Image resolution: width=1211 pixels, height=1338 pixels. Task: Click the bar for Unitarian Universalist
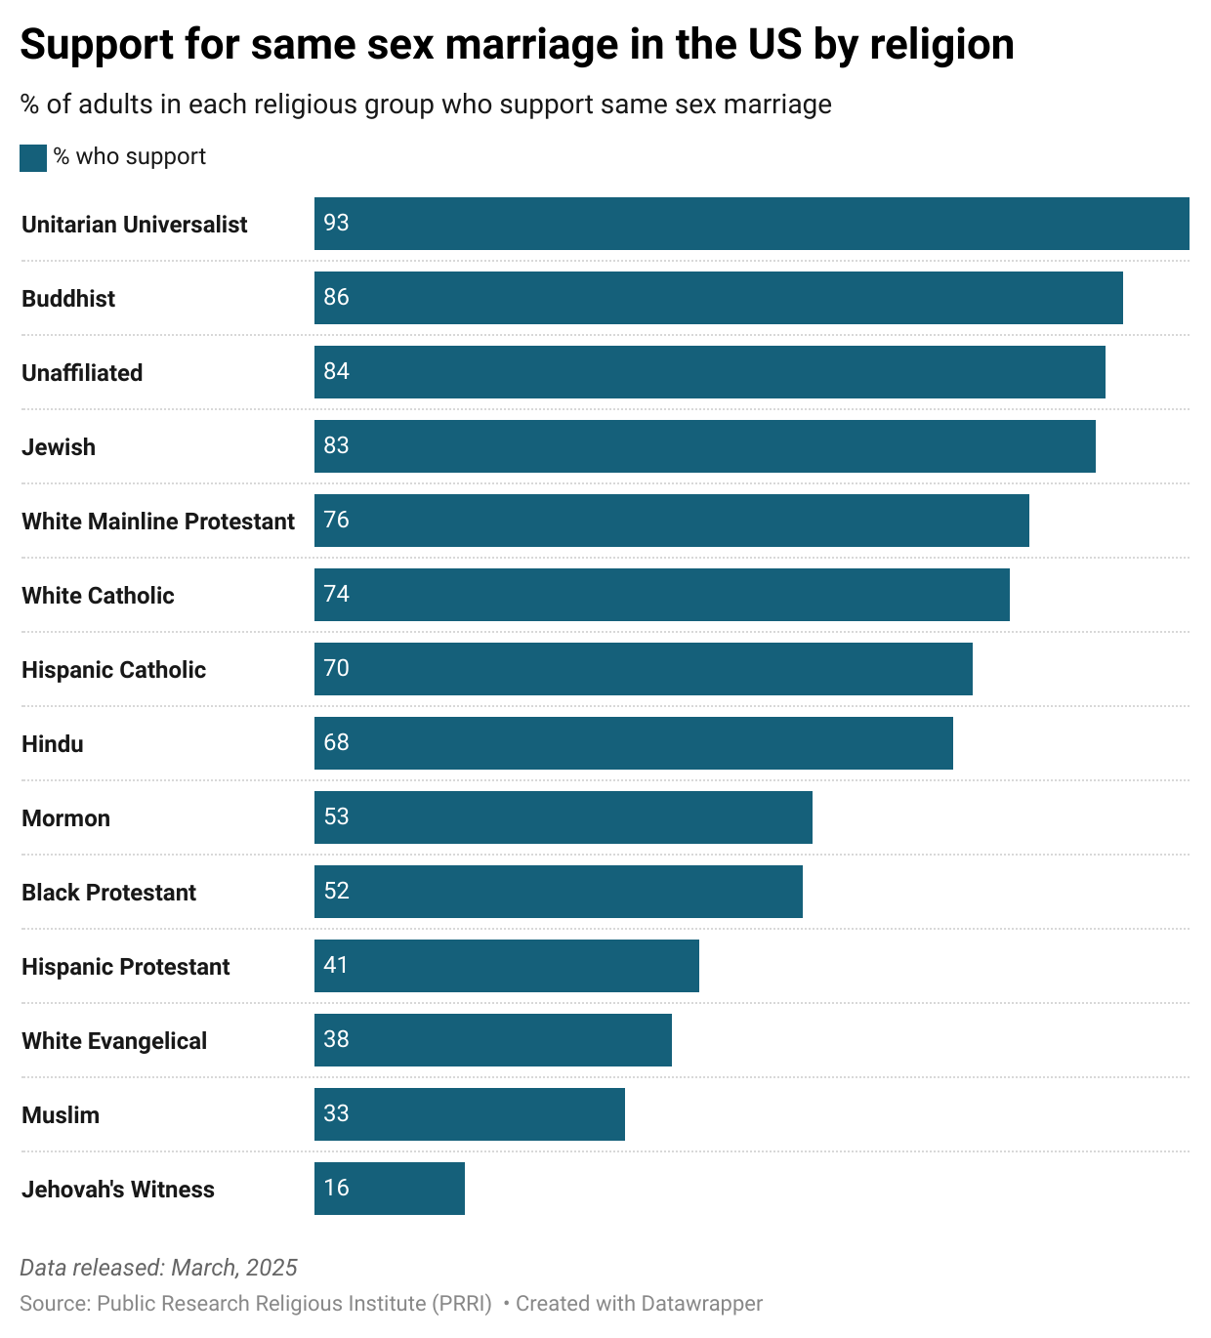(752, 224)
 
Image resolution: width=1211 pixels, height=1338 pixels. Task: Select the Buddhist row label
(68, 299)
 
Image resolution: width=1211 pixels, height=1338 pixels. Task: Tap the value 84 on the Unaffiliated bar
(336, 372)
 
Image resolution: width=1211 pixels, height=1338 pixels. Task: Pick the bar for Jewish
(705, 446)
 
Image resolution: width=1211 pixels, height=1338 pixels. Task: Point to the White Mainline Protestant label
(158, 522)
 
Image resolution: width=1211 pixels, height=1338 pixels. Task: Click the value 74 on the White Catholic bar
(336, 595)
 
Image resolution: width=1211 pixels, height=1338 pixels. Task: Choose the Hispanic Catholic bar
(644, 669)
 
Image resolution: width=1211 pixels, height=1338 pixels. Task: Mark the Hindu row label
(53, 744)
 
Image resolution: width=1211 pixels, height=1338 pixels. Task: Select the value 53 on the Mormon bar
(336, 817)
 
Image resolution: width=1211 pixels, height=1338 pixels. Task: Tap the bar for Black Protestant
(559, 892)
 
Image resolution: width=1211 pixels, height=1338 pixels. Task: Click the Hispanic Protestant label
(126, 967)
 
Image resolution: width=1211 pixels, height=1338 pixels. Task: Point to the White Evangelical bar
(493, 1040)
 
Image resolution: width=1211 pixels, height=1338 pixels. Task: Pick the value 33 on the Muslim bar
(336, 1114)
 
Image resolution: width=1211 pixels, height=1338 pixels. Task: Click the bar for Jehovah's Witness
(390, 1189)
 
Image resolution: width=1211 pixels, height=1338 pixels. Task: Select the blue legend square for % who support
(33, 158)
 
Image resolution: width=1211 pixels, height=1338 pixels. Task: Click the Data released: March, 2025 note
(158, 1268)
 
